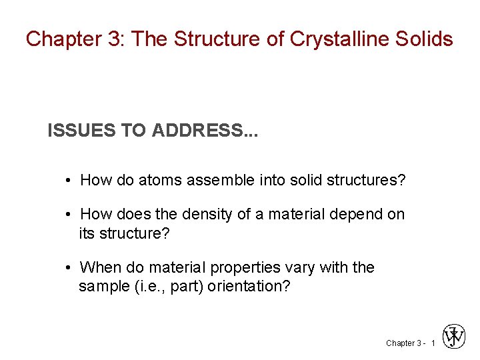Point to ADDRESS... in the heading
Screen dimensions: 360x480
point(205,131)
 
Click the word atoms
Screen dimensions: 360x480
point(160,180)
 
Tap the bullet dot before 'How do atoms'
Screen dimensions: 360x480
point(69,181)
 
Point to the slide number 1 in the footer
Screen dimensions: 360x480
point(433,343)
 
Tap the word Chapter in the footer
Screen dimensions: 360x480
point(400,343)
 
